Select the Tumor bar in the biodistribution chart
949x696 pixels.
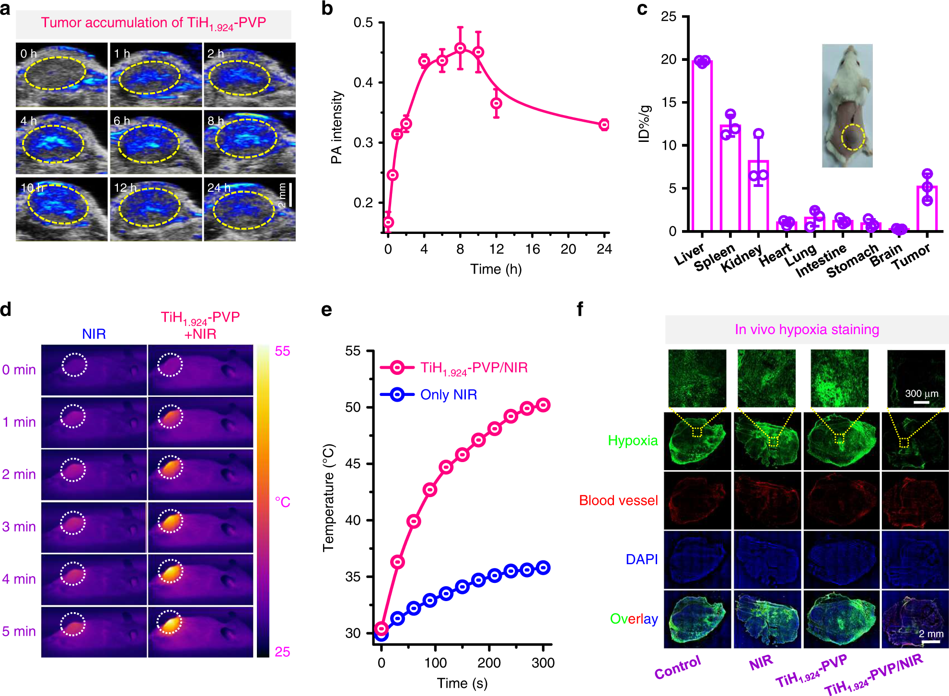(927, 209)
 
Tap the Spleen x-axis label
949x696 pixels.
(714, 257)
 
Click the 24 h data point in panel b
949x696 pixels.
(604, 125)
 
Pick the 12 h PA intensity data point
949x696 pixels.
(497, 103)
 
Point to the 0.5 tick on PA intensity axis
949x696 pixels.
(363, 23)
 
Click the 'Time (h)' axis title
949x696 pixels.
(496, 269)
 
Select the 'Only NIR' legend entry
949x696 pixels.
(448, 394)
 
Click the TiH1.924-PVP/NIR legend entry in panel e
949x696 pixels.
(474, 368)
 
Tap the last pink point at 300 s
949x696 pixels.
(543, 405)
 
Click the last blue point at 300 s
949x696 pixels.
(543, 568)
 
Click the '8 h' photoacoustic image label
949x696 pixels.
(216, 121)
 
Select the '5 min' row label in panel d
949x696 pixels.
(19, 631)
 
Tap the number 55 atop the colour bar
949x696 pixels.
(282, 351)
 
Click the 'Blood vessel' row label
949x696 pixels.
(618, 500)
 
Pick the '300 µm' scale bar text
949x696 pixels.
(921, 394)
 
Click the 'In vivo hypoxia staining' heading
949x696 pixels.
(807, 329)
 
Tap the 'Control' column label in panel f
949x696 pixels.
(678, 667)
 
